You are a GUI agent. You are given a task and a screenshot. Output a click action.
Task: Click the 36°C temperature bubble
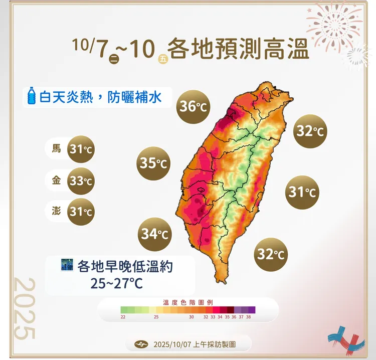pos(194,106)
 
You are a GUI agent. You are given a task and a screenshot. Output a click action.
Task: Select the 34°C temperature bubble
pos(154,233)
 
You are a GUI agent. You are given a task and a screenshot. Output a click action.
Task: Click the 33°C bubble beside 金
pos(81,181)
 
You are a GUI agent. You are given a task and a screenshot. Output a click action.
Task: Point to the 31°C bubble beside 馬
pos(81,149)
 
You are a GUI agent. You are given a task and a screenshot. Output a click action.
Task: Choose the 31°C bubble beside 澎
pos(81,212)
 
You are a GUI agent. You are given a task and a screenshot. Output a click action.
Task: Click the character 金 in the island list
pos(57,181)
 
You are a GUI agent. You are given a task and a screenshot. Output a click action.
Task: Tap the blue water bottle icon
pos(32,95)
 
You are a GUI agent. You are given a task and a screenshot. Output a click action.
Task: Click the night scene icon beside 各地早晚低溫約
pos(66,265)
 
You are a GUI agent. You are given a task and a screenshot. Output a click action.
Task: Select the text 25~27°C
pos(117,283)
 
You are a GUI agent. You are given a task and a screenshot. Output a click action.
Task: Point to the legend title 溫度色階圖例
pos(189,302)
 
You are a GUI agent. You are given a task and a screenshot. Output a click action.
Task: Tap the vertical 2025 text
pos(25,308)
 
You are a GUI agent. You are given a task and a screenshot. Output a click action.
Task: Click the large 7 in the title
pos(103,50)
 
